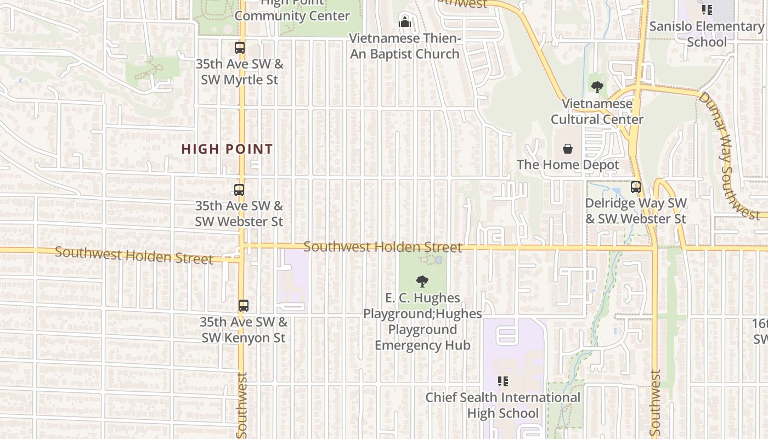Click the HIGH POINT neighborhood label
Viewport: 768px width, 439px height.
[x=227, y=149]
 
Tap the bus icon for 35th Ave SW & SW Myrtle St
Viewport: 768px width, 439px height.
[x=240, y=48]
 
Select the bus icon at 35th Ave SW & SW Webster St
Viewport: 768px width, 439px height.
[x=239, y=190]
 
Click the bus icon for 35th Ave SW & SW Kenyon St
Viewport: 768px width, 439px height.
[x=244, y=306]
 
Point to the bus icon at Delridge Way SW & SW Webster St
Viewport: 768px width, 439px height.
[x=636, y=187]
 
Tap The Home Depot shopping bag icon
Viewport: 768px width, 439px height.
[x=568, y=149]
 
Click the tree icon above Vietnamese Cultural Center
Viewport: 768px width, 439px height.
[x=597, y=87]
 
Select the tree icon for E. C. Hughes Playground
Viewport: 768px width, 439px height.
[x=422, y=282]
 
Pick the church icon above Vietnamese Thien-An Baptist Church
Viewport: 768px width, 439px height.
[x=405, y=22]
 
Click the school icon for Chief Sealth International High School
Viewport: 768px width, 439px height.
[x=502, y=381]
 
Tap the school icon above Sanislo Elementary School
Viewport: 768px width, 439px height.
[x=707, y=10]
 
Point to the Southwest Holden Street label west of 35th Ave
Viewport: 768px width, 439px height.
[x=134, y=255]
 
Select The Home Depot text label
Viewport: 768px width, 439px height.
[x=568, y=165]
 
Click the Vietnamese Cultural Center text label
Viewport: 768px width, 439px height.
[x=597, y=111]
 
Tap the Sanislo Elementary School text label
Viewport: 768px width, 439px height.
[x=707, y=34]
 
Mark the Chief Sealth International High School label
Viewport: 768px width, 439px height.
[x=502, y=405]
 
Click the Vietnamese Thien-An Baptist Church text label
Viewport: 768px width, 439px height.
[x=405, y=46]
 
